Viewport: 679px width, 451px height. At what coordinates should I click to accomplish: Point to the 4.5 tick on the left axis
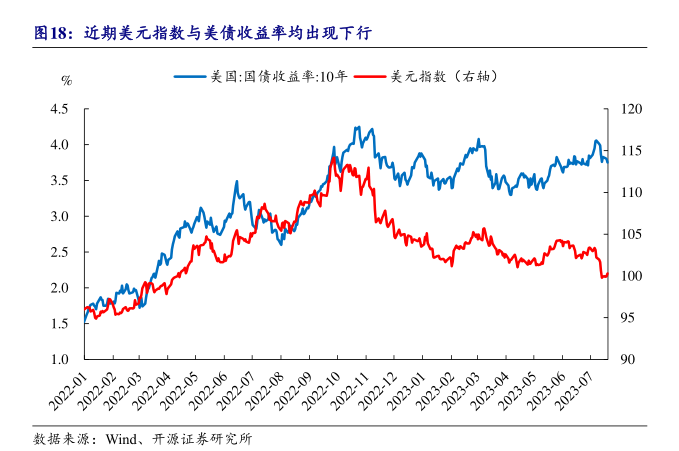pos(59,109)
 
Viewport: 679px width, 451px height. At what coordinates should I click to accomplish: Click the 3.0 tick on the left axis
pos(59,216)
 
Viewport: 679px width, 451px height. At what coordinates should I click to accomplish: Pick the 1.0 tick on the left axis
pos(59,359)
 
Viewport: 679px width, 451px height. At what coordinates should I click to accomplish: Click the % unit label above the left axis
pos(66,80)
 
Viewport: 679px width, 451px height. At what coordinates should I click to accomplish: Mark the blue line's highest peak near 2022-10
pos(357,127)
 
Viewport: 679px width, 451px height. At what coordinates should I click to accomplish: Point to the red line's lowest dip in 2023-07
pos(602,277)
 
